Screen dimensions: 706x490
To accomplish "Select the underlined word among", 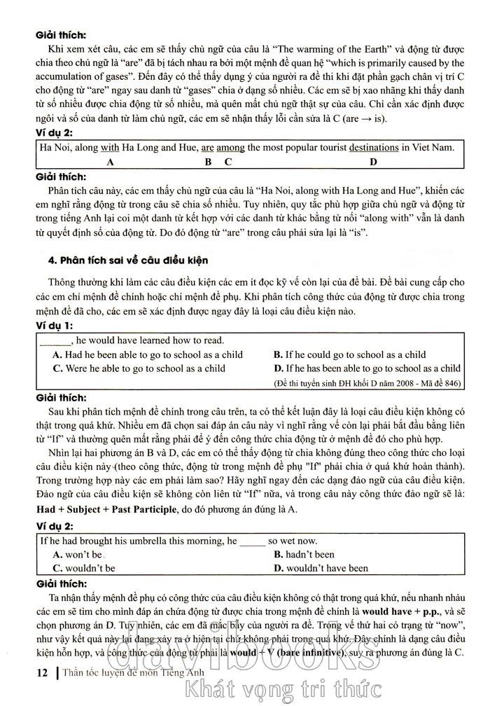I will (230, 147).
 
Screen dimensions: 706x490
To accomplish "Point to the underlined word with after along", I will (110, 147).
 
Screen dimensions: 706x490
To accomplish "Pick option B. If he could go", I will (349, 354).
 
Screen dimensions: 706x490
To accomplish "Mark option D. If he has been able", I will (367, 368).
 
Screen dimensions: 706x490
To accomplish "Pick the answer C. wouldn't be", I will (84, 568).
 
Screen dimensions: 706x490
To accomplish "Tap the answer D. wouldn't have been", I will (321, 568).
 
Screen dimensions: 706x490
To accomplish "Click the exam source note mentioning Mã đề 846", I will (367, 383).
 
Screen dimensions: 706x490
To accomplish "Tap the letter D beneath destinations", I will (373, 162).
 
